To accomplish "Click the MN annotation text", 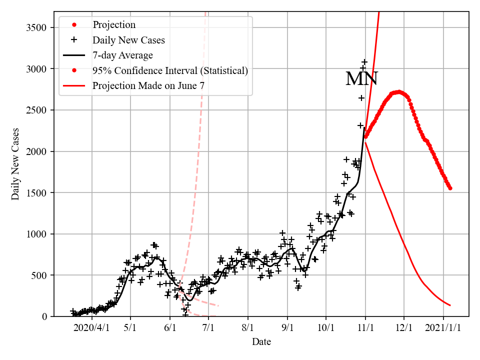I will pyautogui.click(x=361, y=79).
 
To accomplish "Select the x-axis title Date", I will pyautogui.click(x=261, y=342).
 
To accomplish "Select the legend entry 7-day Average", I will pyautogui.click(x=122, y=55).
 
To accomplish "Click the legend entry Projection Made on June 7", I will pyautogui.click(x=148, y=86).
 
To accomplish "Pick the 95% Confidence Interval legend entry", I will pyautogui.click(x=170, y=70).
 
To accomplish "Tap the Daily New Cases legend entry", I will pyautogui.click(x=128, y=40).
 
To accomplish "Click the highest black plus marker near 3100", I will pyautogui.click(x=364, y=62).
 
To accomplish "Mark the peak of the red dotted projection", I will pyautogui.click(x=398, y=91).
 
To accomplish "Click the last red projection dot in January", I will pyautogui.click(x=450, y=188).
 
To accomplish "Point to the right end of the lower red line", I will pyautogui.click(x=450, y=305).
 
